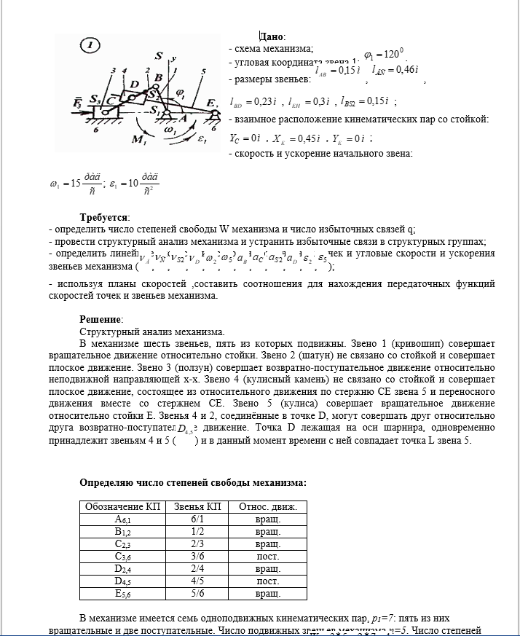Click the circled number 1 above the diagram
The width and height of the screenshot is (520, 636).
[90, 46]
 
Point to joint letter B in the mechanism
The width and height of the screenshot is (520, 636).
[158, 78]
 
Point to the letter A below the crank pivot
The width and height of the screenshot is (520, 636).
[183, 117]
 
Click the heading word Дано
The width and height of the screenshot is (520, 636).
[272, 36]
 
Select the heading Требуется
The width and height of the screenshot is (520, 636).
[104, 217]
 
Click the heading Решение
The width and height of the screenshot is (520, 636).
[101, 319]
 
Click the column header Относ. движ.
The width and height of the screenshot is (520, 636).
[268, 506]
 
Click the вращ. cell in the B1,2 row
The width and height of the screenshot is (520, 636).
[268, 532]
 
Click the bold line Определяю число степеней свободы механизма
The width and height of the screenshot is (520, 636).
[192, 482]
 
